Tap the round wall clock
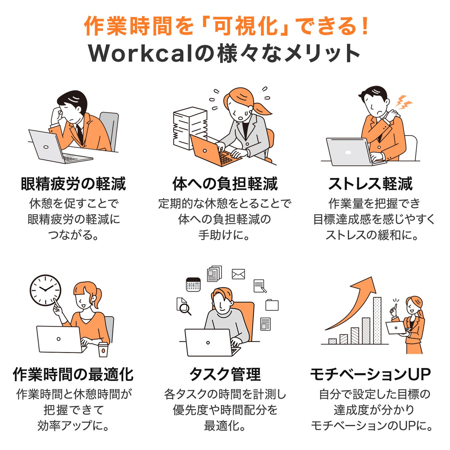tap(46, 290)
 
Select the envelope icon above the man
tap(238, 274)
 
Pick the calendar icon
tap(193, 284)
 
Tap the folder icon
tap(272, 305)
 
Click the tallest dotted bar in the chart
tap(377, 321)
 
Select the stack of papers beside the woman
tap(190, 128)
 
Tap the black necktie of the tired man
tap(80, 134)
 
